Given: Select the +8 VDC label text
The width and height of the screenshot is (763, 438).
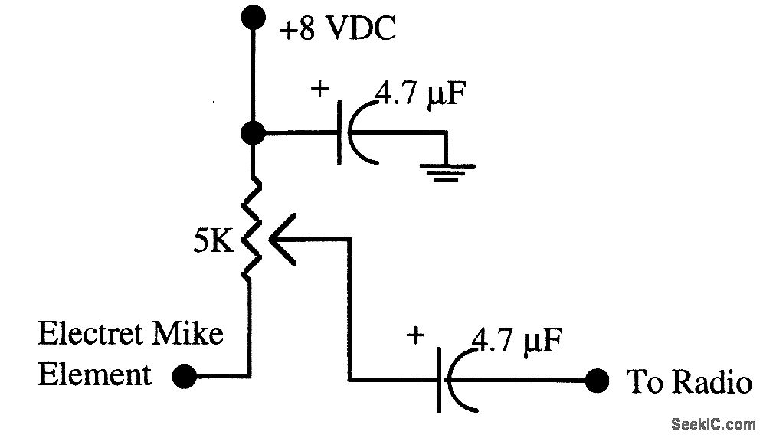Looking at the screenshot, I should pyautogui.click(x=337, y=31).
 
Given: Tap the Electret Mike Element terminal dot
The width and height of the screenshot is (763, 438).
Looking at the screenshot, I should pyautogui.click(x=182, y=376).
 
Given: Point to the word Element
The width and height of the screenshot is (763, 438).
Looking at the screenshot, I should pyautogui.click(x=95, y=375).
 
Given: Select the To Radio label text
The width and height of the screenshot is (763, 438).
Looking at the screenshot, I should pyautogui.click(x=689, y=381).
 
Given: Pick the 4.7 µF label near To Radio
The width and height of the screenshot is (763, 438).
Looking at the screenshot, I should pyautogui.click(x=517, y=339).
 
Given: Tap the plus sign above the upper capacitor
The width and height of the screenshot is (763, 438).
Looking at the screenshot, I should pyautogui.click(x=319, y=90).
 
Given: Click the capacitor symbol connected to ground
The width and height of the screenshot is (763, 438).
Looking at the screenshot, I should pyautogui.click(x=352, y=135).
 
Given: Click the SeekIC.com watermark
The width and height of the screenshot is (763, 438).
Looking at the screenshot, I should pyautogui.click(x=712, y=423).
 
